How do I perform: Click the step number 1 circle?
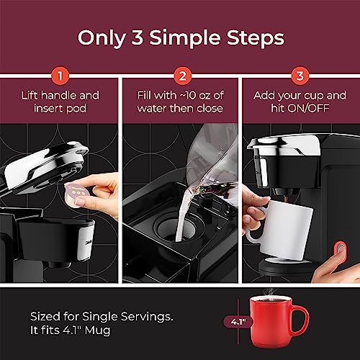coord(60,76)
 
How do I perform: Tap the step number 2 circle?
coord(182,76)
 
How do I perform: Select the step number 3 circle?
coord(300,76)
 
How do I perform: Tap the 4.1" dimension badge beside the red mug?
coord(238,322)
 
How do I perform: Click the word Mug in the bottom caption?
coord(97,330)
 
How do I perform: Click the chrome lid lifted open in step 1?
coord(45,165)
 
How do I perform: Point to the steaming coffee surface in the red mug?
coord(271,299)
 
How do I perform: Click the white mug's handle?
coord(253,235)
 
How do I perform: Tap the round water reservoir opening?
coord(179,228)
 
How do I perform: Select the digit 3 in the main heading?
coord(138,37)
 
